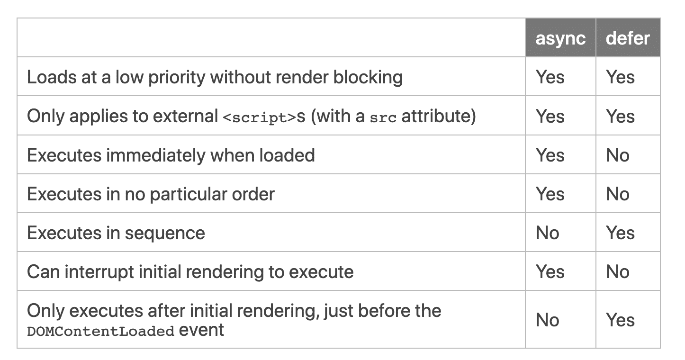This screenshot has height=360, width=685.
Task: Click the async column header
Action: [x=560, y=38]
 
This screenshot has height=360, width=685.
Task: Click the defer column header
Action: [x=628, y=38]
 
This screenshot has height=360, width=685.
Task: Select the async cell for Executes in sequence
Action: [x=548, y=233]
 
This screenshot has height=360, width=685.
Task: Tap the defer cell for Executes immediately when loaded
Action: [x=618, y=155]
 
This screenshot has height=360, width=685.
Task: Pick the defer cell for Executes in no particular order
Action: [x=618, y=194]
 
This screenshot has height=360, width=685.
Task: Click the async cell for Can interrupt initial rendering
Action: [x=550, y=272]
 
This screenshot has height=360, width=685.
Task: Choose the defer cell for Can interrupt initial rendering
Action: [x=618, y=272]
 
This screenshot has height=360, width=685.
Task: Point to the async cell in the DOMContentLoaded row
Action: [x=548, y=320]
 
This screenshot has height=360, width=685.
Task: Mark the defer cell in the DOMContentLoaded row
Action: [x=620, y=320]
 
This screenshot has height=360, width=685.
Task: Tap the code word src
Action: [x=383, y=117]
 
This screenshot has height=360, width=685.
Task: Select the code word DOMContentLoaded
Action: [x=100, y=331]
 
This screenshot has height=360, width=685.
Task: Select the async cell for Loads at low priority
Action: [x=550, y=77]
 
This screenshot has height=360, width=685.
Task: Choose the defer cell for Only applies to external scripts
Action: [x=620, y=117]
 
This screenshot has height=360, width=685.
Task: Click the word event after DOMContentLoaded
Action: [x=201, y=330]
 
